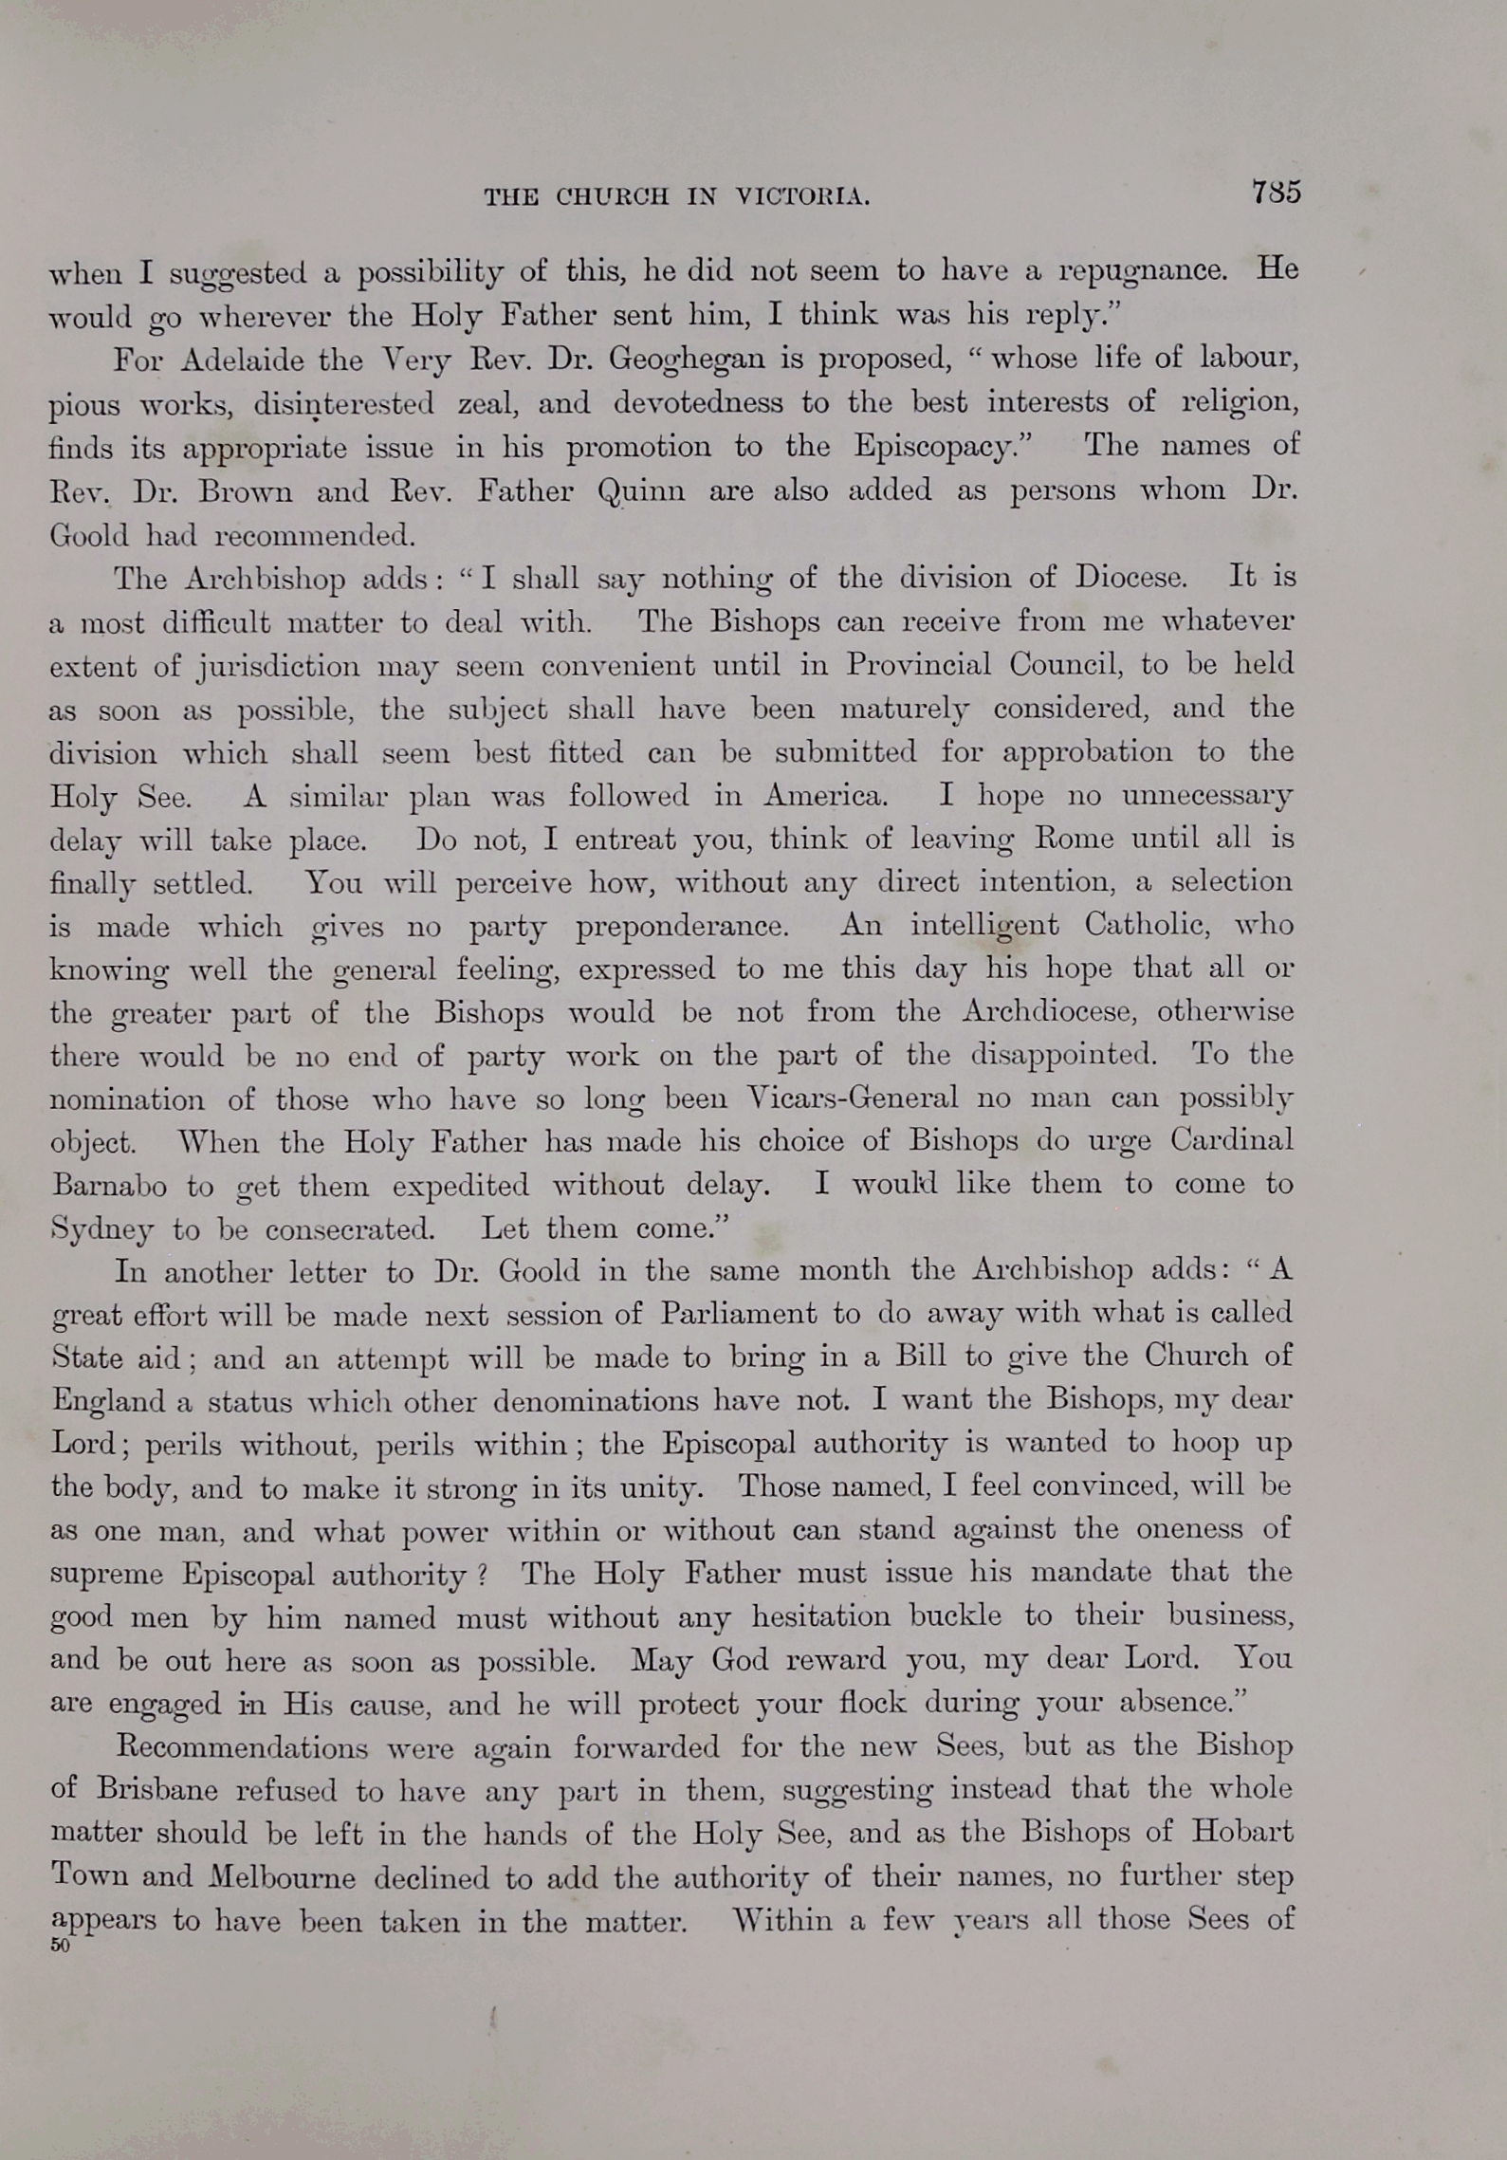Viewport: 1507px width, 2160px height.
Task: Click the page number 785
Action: pos(1276,193)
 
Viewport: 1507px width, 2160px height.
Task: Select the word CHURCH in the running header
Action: pos(612,197)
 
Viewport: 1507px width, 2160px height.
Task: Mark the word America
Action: pos(825,796)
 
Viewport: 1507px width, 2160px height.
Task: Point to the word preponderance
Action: pos(682,927)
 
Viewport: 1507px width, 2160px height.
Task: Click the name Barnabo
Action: pos(109,1186)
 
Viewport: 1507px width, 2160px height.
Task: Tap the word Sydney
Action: pos(101,1230)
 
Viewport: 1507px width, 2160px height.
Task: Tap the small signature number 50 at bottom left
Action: pos(61,1946)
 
